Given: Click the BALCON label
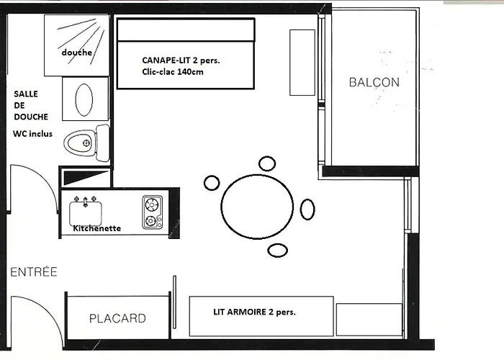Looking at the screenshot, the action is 374,82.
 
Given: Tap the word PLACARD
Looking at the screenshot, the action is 117,318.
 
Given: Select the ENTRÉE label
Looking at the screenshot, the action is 34,271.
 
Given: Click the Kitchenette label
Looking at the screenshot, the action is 97,228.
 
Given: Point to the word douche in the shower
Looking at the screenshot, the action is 77,52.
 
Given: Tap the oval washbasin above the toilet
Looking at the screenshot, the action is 84,99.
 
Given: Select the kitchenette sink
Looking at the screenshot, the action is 86,212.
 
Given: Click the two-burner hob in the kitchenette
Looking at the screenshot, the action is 153,212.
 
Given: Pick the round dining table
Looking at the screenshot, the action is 257,207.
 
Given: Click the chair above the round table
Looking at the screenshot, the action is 267,163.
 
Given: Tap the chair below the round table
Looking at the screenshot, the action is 278,250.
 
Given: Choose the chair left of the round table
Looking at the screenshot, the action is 212,183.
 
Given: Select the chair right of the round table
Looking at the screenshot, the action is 307,210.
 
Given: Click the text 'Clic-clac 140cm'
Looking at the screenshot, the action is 173,72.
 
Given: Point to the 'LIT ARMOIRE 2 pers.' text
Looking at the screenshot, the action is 254,312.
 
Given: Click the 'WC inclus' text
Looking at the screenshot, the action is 33,134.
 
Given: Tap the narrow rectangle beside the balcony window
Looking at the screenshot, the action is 302,63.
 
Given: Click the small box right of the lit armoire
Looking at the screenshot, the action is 369,319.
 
